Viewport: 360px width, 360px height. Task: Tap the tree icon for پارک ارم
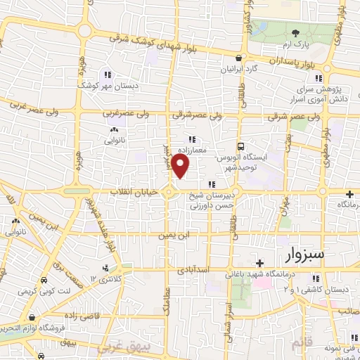(x=296, y=34)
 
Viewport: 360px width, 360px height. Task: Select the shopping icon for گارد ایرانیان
(x=240, y=58)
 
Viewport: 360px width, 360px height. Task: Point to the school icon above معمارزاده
(x=191, y=139)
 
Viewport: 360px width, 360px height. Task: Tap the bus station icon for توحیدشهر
(x=241, y=147)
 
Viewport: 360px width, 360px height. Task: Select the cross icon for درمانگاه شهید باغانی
(x=260, y=262)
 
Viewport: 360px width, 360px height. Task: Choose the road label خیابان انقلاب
(x=136, y=192)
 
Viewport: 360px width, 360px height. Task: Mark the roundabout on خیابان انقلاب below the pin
(x=170, y=192)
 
